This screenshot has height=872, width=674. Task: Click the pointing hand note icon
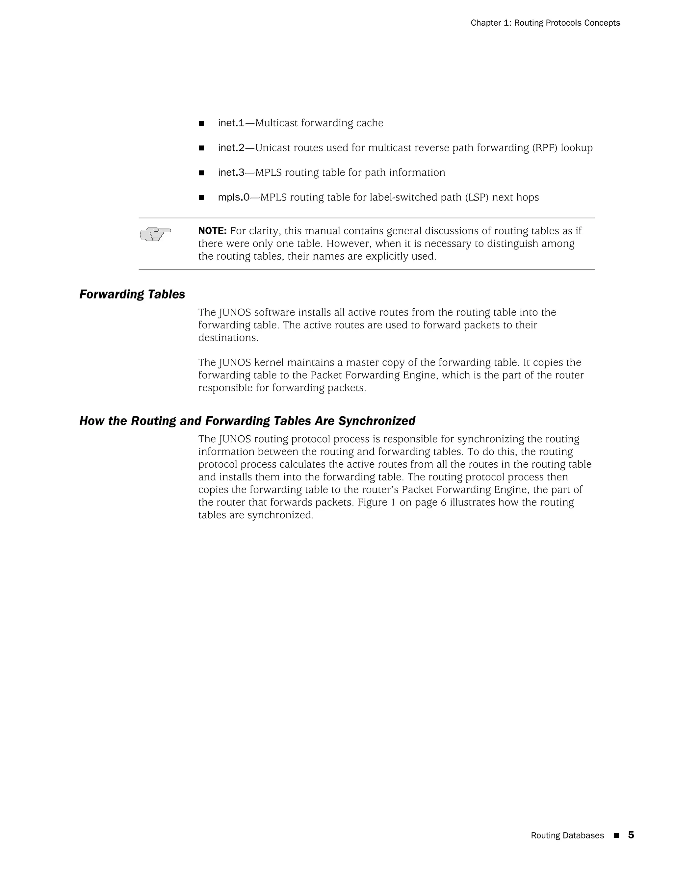pos(155,234)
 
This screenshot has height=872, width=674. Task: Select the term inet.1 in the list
pos(231,123)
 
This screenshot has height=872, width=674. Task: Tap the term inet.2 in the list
pos(231,148)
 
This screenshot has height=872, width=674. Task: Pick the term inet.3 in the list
pos(231,172)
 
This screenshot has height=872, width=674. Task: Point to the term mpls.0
pos(233,197)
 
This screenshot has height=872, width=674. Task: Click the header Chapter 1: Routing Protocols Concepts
pos(545,23)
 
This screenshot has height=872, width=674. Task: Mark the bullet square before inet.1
pos(201,123)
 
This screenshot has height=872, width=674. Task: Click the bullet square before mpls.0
pos(201,198)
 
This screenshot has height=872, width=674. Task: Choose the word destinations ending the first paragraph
pos(228,338)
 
